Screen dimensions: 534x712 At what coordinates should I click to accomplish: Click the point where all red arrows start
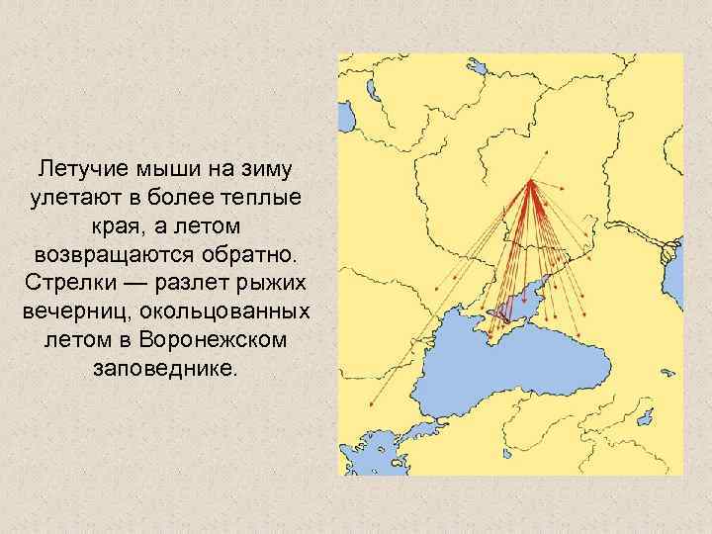pos(531,181)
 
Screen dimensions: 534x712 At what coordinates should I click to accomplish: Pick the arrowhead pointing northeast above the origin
pos(545,154)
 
